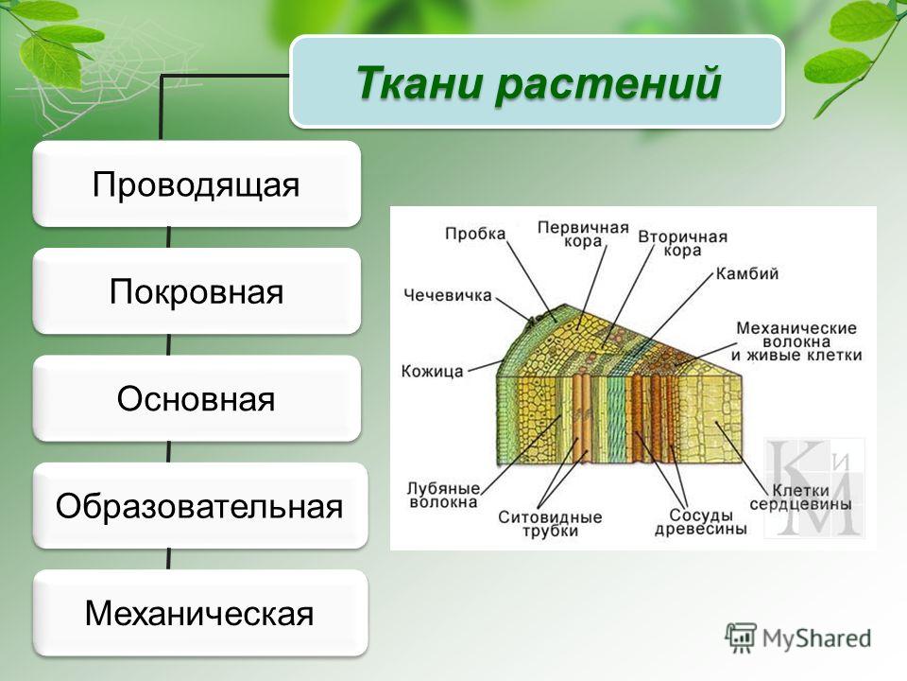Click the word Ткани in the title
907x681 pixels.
tap(419, 83)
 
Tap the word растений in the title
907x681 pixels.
tap(608, 84)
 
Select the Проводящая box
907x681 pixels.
tap(197, 183)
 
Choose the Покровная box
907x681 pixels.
tap(197, 290)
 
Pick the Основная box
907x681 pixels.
tap(197, 398)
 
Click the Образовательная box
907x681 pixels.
tap(200, 505)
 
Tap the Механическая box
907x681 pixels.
tap(200, 613)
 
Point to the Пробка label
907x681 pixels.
tap(475, 234)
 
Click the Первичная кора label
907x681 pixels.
tap(583, 234)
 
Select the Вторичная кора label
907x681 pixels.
tap(682, 243)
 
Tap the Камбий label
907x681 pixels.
tap(747, 273)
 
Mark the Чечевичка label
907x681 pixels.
tap(448, 295)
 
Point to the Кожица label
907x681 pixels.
tap(433, 371)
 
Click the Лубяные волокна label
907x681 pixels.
tap(444, 495)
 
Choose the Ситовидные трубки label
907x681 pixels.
tap(550, 524)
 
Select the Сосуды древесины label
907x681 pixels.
tap(700, 522)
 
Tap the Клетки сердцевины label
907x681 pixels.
tap(801, 498)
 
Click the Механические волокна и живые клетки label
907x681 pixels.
tap(796, 341)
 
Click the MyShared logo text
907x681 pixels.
tap(816, 638)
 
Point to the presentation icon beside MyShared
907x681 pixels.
tap(741, 638)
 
